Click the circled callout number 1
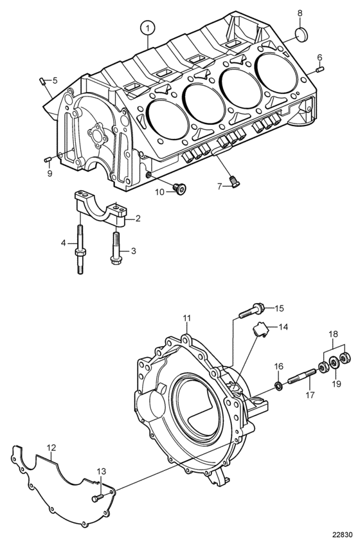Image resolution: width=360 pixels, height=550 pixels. click(148, 27)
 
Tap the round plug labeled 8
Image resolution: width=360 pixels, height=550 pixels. click(300, 34)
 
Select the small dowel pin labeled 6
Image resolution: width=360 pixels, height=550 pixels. click(319, 69)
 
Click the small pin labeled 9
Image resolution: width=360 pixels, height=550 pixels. click(48, 160)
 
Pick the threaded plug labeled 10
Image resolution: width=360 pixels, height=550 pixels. click(180, 189)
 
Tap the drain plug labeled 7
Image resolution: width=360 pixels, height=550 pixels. click(235, 181)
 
